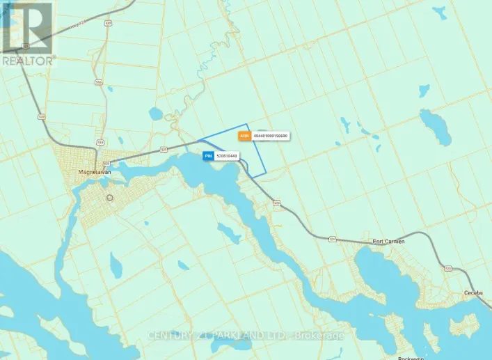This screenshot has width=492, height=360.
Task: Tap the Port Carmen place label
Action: [389, 241]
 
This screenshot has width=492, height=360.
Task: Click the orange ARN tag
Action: [244, 136]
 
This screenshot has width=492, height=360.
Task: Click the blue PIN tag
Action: [207, 157]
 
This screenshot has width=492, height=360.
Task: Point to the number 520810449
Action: [227, 157]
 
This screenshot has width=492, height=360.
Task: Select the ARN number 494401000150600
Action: [271, 136]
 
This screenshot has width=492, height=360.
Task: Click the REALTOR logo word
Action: [26, 61]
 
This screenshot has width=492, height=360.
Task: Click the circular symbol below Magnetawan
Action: [109, 198]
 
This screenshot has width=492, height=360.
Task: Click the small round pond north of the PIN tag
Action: [155, 113]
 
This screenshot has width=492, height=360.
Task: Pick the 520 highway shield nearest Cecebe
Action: [449, 268]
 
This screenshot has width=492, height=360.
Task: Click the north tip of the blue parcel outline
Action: [248, 124]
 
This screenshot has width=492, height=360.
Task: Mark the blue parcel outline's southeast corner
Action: [265, 175]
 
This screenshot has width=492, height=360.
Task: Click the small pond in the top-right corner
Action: [438, 12]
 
